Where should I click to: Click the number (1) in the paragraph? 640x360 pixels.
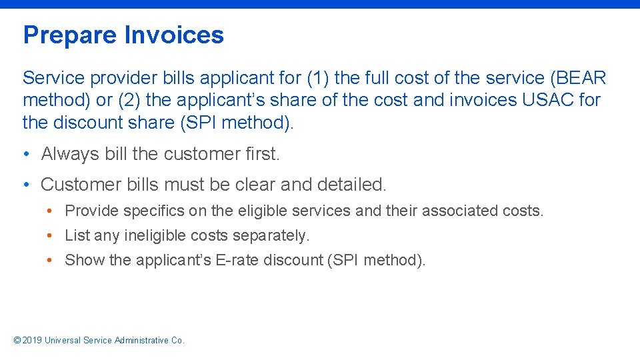(316, 78)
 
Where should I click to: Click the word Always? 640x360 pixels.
(71, 154)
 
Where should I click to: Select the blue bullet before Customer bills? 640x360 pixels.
(25, 183)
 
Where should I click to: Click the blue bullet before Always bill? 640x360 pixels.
(25, 154)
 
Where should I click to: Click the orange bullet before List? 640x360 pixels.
(50, 235)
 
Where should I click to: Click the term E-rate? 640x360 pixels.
(234, 260)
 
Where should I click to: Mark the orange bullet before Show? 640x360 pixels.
(50, 260)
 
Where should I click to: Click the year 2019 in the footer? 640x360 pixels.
(32, 340)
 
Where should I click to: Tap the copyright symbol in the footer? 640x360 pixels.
(17, 340)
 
